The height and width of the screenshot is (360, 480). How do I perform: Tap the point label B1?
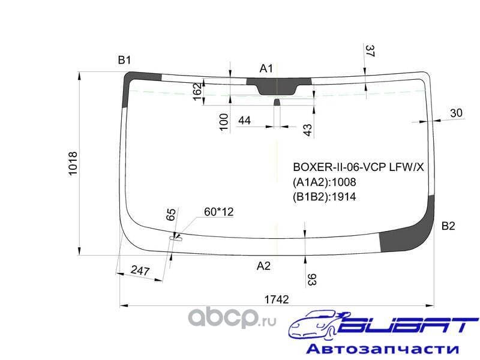pos(124,59)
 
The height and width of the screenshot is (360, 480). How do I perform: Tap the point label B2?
pos(448,226)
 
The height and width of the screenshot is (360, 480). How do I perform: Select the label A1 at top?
pos(266,68)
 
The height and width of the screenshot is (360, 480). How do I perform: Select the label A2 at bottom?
pos(263,266)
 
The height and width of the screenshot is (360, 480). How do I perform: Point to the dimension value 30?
pos(456,112)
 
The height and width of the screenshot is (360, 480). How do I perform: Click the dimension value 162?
pos(197,92)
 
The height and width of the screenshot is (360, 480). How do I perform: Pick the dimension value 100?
pos(224,121)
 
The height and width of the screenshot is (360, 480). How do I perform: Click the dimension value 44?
pos(244,121)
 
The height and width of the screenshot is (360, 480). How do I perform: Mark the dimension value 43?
pos(307,130)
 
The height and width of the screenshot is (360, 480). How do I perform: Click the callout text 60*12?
pos(218,212)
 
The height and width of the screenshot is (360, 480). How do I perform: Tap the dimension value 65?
pos(170,215)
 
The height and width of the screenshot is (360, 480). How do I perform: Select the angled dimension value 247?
pos(140,271)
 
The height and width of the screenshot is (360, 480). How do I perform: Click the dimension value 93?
pos(312,279)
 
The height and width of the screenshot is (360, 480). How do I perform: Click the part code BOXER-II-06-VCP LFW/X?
pos(358,167)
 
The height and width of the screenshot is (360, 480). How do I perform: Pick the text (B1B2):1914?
pos(324,196)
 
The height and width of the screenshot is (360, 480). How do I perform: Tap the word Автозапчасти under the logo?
pos(382,349)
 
